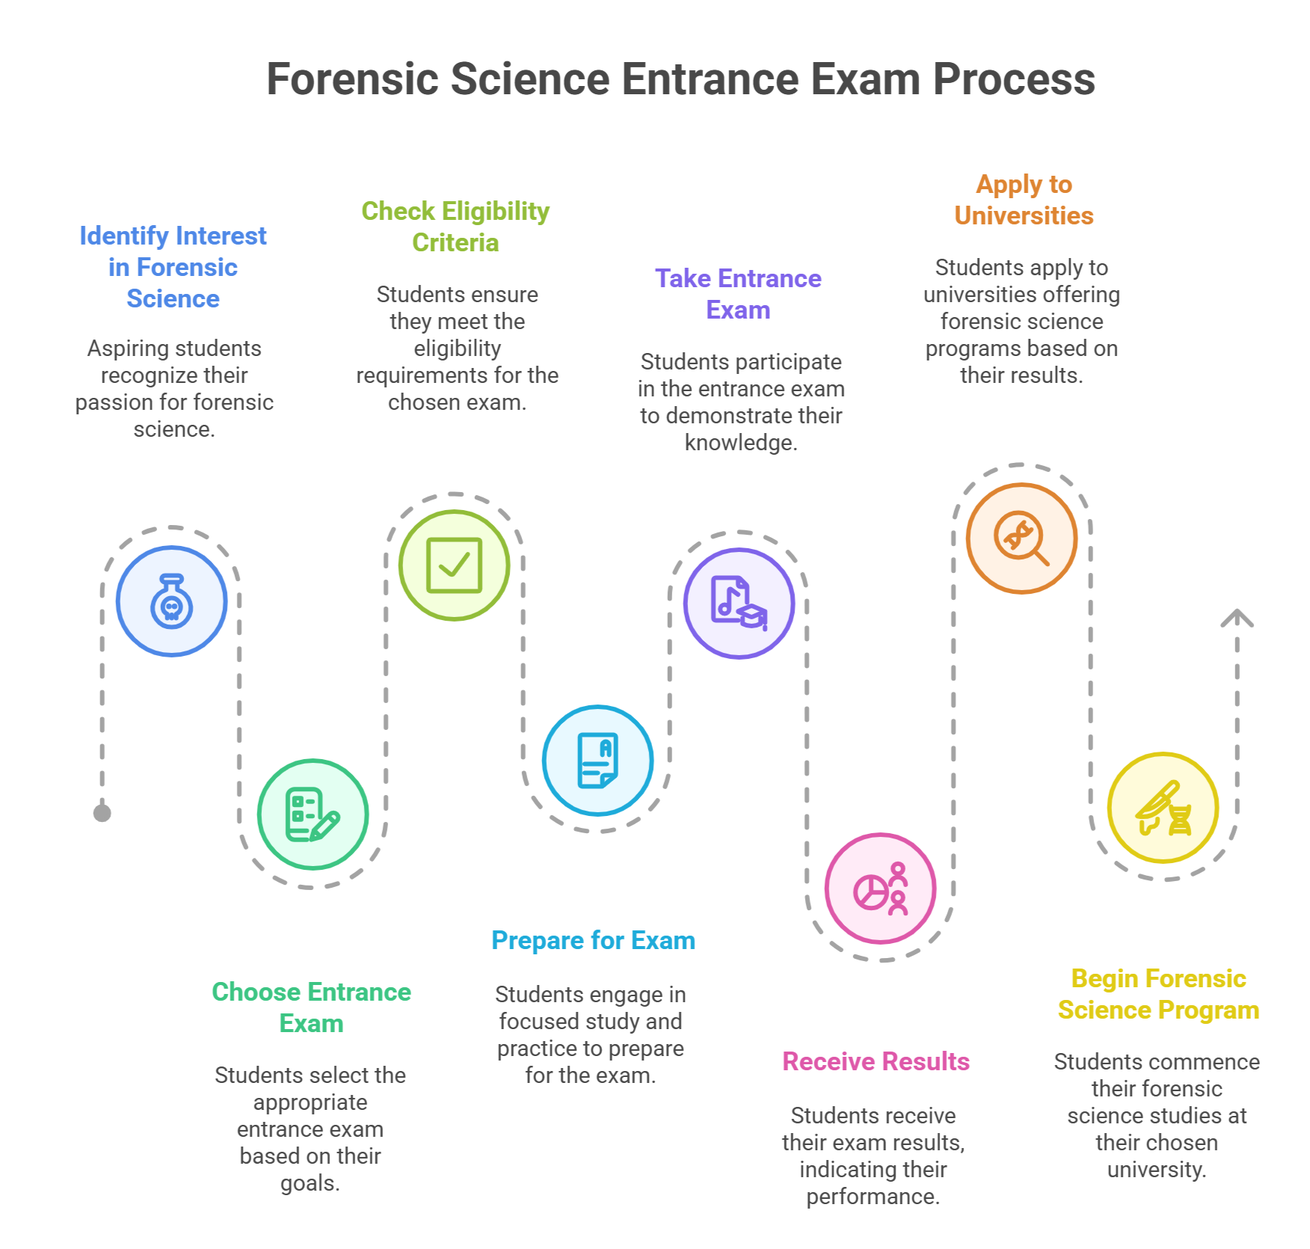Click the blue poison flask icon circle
coord(172,601)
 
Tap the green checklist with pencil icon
coord(313,814)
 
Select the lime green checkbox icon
coord(454,565)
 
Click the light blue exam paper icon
coord(597,761)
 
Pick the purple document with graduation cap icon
coord(739,604)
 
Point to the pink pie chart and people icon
coord(880,889)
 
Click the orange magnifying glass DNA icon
coord(1021,538)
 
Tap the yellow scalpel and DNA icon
coord(1163,808)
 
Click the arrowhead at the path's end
coord(1237,619)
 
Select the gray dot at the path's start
coord(102,813)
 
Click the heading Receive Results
coord(876,1061)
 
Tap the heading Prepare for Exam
coord(593,940)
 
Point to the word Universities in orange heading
coord(1024,215)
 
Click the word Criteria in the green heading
coord(455,242)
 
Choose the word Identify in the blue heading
coord(124,236)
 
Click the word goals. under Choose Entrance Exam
coord(310,1183)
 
